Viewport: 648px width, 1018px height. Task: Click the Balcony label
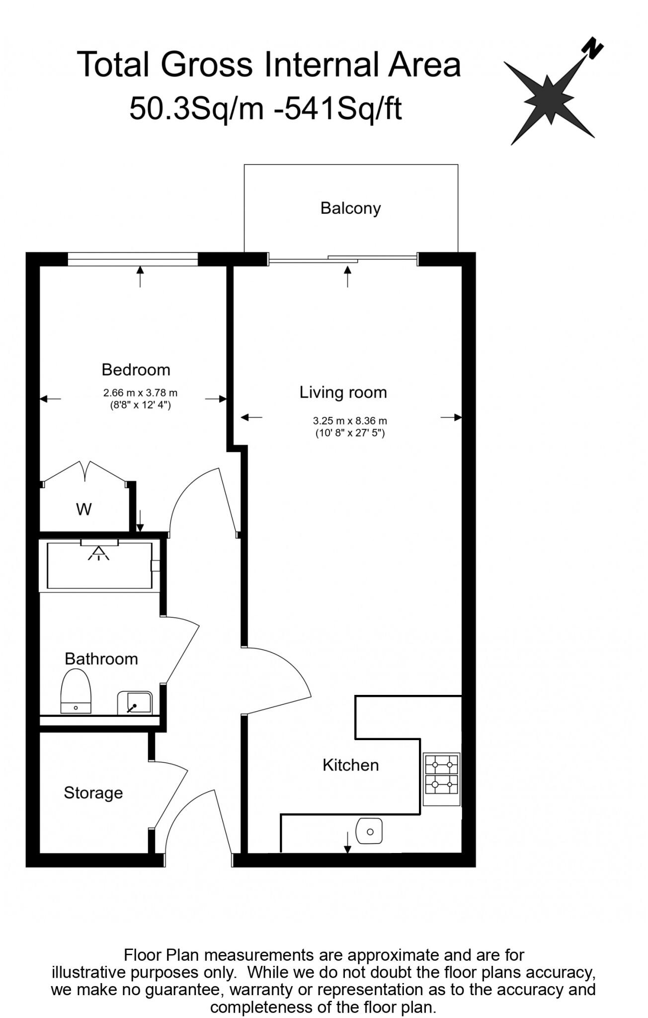coord(350,208)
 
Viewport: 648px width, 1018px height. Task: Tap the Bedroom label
coord(136,369)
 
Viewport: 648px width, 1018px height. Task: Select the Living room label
coord(343,392)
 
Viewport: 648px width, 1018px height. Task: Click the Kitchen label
coord(350,764)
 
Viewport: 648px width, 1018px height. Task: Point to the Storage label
coord(93,792)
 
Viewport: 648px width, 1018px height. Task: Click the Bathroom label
coord(101,659)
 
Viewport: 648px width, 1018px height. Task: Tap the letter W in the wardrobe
coord(84,509)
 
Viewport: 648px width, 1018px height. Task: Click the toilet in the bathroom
coord(76,691)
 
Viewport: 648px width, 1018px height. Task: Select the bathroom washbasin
coord(135,702)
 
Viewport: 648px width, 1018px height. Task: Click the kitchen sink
coord(369,831)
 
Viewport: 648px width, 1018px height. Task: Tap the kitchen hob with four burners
coord(441,779)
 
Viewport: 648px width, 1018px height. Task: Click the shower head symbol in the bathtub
coord(99,553)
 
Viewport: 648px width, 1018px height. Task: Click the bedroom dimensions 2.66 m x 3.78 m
coord(140,393)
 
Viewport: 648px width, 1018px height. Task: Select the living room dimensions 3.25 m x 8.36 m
coord(350,421)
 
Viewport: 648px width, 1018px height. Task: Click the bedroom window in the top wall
coord(132,259)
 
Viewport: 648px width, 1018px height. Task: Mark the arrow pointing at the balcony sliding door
coord(347,276)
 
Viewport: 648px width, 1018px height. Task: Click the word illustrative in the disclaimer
coord(87,972)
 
